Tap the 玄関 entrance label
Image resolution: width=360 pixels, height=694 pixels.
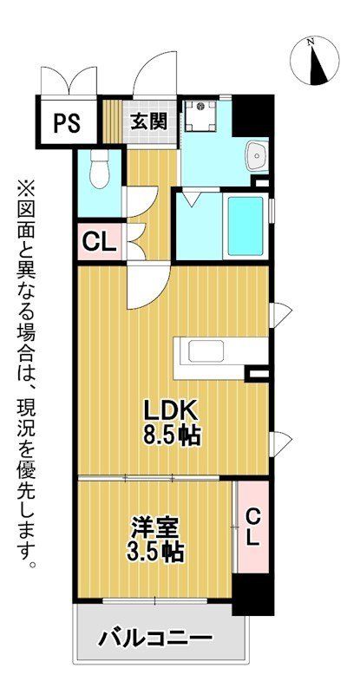point(148,121)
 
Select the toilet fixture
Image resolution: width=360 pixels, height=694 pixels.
point(100,168)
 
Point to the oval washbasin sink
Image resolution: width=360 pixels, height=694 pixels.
point(257,157)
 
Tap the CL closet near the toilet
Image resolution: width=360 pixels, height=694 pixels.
point(99,241)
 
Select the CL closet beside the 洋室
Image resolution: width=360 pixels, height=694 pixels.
point(252,526)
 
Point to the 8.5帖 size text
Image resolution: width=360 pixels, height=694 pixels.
point(171,435)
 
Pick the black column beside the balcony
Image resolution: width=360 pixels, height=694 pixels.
point(253,596)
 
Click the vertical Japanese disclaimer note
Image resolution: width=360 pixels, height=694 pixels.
point(26,373)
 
